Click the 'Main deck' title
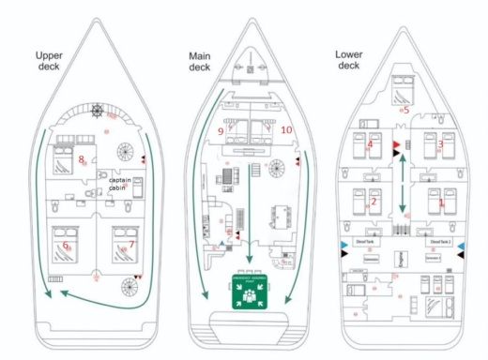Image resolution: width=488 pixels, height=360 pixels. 200,61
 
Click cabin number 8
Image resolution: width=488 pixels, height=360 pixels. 83,158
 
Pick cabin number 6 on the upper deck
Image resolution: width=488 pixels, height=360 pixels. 66,246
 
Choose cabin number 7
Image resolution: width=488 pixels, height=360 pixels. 132,246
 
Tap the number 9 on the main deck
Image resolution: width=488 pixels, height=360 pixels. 220,132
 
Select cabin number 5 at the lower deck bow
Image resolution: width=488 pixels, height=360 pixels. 405,110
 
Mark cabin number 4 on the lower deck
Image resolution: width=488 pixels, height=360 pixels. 370,144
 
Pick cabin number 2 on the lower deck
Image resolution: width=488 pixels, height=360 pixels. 374,201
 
